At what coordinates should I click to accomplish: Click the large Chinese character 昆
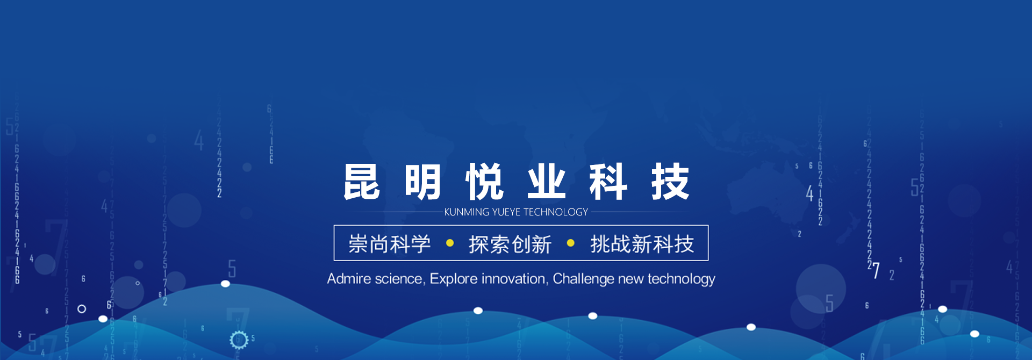[x=362, y=182]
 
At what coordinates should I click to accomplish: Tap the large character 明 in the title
[x=423, y=182]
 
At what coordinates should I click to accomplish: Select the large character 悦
[x=485, y=182]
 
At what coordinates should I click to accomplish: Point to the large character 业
[x=547, y=182]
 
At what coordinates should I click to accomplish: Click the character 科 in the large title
[x=608, y=182]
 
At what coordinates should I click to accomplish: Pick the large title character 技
[x=670, y=182]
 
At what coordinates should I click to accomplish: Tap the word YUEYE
[x=506, y=212]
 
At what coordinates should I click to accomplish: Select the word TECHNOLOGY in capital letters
[x=556, y=212]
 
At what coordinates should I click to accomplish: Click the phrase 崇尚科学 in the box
[x=390, y=244]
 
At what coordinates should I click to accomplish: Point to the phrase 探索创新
[x=510, y=244]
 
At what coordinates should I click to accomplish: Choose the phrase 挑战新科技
[x=642, y=244]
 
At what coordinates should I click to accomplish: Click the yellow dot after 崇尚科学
[x=450, y=243]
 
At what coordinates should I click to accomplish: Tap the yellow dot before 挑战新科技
[x=571, y=243]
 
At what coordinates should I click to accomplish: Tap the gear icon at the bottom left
[x=239, y=340]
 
